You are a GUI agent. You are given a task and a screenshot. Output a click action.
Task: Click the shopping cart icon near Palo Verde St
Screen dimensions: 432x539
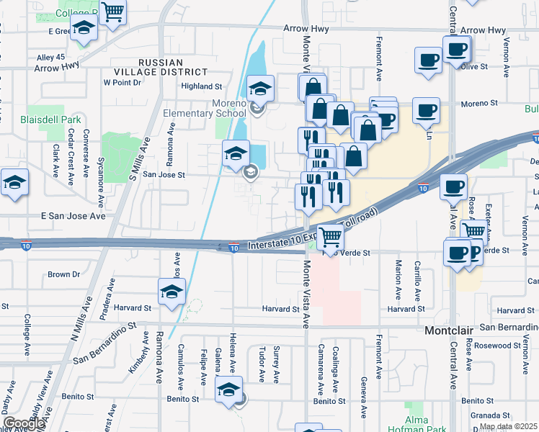330,237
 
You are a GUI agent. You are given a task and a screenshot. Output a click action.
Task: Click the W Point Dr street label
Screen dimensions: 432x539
122,83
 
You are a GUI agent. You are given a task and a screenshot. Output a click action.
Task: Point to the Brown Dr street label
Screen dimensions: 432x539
63,274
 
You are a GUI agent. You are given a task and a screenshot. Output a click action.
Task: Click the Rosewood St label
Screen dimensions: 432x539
512,345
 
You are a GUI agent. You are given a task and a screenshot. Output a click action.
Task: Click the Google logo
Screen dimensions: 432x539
24,423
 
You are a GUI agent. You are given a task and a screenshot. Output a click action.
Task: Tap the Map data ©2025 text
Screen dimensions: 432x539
508,426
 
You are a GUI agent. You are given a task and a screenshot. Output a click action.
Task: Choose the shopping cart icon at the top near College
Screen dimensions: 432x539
112,13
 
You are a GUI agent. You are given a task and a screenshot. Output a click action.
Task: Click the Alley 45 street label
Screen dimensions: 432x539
50,57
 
